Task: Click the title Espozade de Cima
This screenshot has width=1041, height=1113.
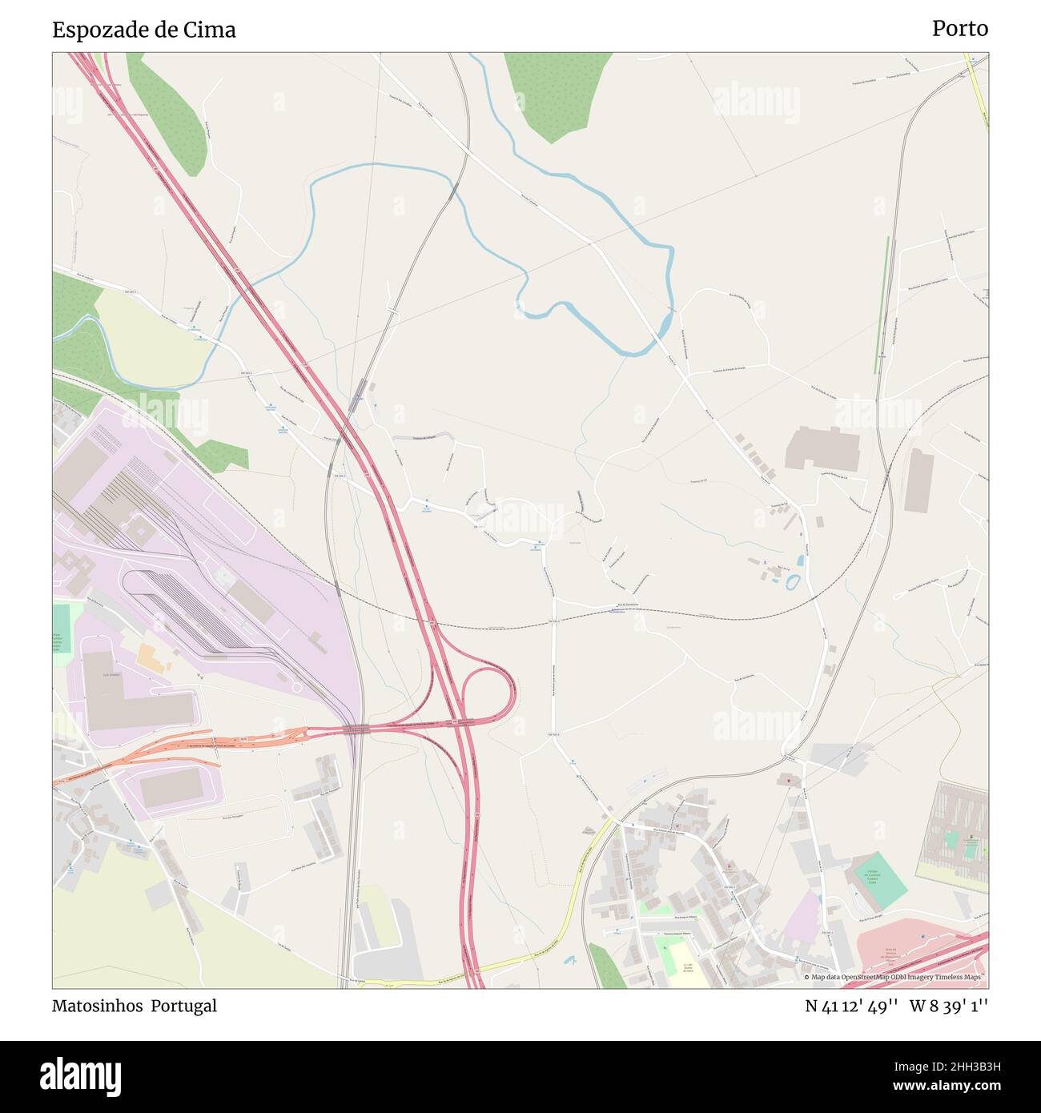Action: [144, 30]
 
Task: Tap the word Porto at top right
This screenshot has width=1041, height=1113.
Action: [959, 29]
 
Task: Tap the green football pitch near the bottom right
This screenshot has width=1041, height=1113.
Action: [879, 881]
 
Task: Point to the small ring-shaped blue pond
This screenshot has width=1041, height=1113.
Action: [793, 581]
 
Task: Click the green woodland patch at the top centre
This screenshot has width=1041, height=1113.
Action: [558, 92]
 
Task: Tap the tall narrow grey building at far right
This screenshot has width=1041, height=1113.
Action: [918, 480]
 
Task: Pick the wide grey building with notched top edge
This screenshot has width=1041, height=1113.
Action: [822, 449]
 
